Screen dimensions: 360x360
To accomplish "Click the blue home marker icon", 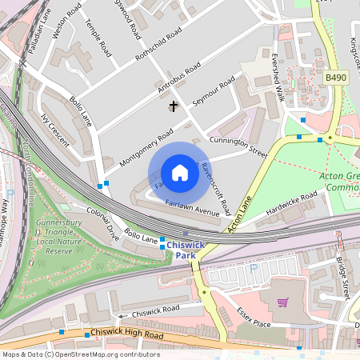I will (180, 173).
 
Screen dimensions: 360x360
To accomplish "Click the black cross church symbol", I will (173, 106).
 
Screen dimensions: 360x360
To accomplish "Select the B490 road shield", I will (336, 77).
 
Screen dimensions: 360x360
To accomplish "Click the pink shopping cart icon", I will (282, 302).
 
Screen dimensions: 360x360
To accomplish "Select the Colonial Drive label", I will (102, 225).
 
